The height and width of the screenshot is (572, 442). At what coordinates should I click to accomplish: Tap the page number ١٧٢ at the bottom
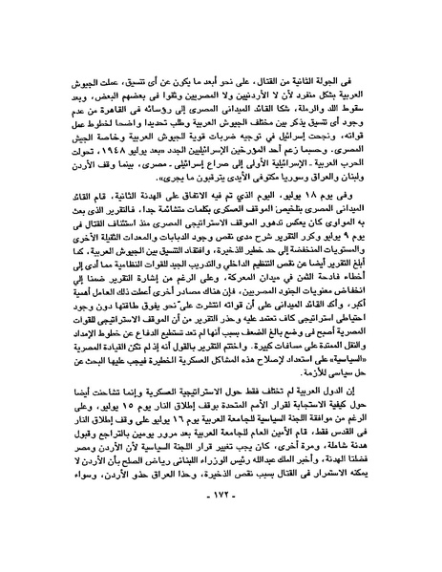(221, 528)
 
